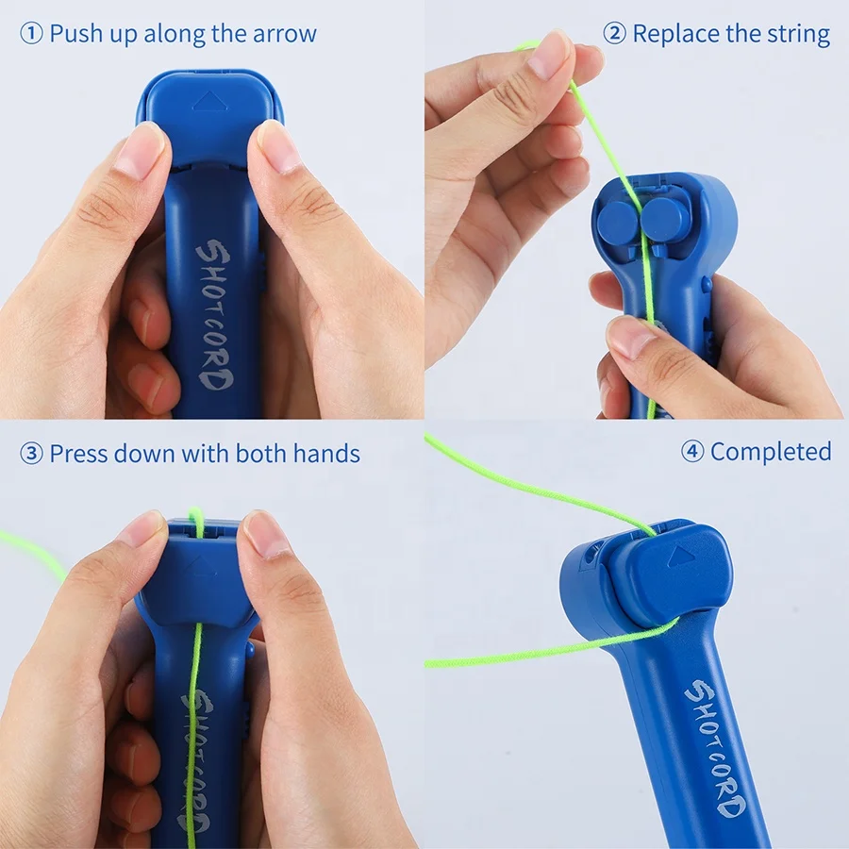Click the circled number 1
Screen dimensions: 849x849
point(32,35)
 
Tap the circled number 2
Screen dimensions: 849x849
point(615,35)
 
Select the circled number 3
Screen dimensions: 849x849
point(32,454)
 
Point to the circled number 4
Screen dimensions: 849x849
point(692,452)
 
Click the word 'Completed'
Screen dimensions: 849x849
point(771,452)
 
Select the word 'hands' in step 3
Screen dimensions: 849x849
point(326,454)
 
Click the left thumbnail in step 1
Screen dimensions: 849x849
point(141,151)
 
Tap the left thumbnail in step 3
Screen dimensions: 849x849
point(143,529)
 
